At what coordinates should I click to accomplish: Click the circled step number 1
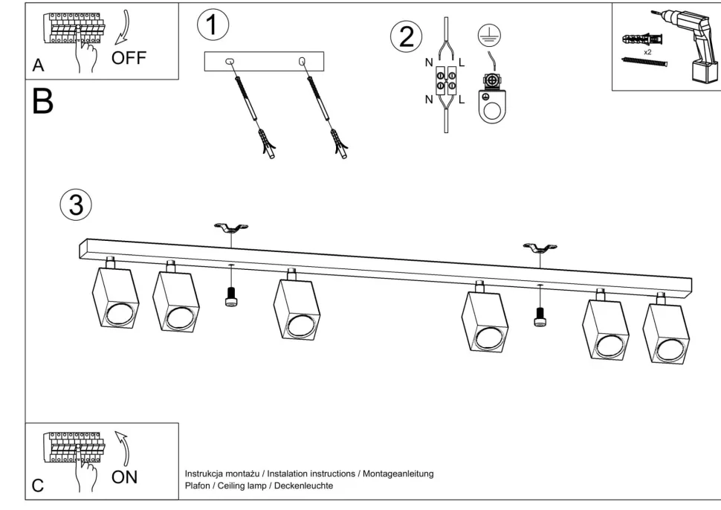click(213, 26)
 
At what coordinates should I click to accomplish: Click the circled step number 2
click(407, 37)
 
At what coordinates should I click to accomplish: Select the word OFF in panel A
click(129, 57)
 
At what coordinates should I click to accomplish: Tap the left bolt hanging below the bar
click(230, 297)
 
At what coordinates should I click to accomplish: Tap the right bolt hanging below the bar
click(540, 316)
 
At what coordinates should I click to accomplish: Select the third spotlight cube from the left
click(296, 306)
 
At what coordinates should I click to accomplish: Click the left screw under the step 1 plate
click(254, 112)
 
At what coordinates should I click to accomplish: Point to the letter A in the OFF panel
click(38, 66)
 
